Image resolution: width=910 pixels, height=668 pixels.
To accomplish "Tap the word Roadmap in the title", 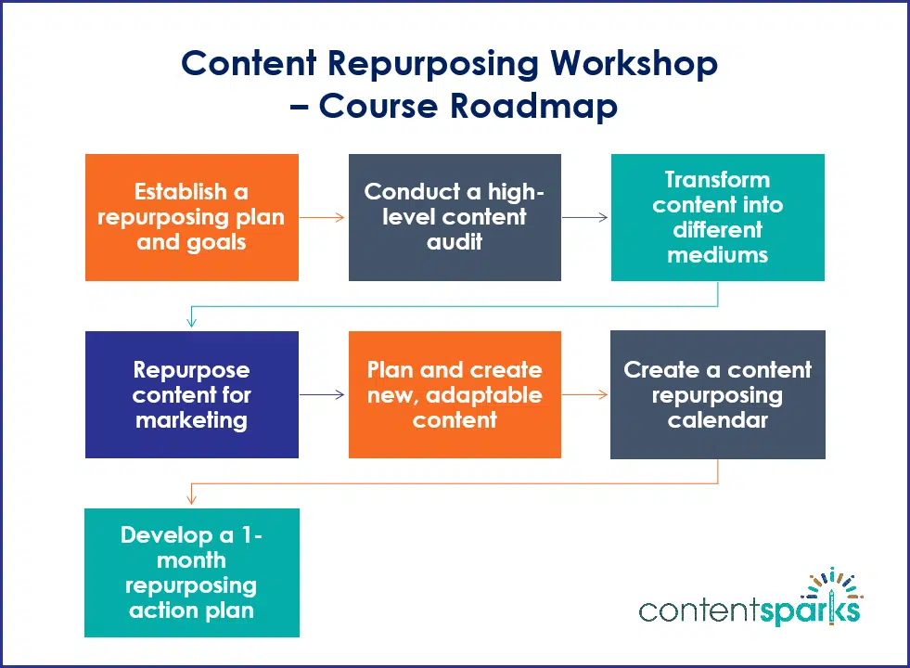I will click(533, 106).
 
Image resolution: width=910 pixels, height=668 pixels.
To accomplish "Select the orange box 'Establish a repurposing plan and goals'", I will click(192, 217).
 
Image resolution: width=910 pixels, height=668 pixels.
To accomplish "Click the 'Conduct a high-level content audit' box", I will click(455, 217).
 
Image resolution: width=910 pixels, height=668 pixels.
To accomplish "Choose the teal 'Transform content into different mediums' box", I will click(717, 217).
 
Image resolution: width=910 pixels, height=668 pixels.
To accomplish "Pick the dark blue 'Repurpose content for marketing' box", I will click(192, 394).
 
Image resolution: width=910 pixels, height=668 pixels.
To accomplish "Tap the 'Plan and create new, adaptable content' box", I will click(455, 394).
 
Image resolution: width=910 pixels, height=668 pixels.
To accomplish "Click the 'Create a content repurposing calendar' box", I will click(717, 394).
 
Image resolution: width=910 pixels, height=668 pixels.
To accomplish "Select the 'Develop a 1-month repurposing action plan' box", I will click(192, 572).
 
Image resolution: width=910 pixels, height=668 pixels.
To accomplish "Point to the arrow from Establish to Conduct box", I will click(323, 218).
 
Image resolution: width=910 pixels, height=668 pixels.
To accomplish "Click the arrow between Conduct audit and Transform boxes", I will click(585, 218).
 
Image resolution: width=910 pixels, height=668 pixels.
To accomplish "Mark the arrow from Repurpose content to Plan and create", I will click(323, 395).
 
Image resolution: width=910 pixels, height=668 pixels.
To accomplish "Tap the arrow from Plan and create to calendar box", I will click(585, 395).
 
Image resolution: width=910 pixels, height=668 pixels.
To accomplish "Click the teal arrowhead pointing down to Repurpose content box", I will click(192, 322).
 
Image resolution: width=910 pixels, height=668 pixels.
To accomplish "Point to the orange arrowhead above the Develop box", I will click(192, 499).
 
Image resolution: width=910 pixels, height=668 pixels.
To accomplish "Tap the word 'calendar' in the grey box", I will click(717, 420).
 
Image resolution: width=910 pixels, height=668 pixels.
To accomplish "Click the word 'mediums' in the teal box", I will click(717, 255).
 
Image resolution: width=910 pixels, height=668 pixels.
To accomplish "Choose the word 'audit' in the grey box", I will click(455, 242).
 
